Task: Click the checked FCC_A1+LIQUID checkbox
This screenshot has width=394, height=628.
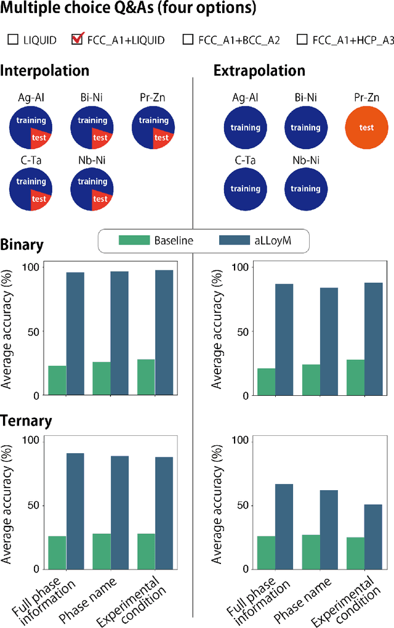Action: pyautogui.click(x=78, y=41)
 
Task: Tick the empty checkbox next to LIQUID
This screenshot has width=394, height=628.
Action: pyautogui.click(x=13, y=41)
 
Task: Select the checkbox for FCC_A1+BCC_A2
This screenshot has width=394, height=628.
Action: pyautogui.click(x=188, y=41)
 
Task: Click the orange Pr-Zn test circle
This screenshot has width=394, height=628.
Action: pyautogui.click(x=366, y=127)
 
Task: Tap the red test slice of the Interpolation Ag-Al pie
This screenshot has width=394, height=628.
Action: pyautogui.click(x=39, y=137)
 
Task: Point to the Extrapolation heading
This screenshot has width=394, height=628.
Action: pyautogui.click(x=259, y=70)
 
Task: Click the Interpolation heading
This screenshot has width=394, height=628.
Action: pyautogui.click(x=45, y=70)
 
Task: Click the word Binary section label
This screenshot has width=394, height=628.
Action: pyautogui.click(x=22, y=245)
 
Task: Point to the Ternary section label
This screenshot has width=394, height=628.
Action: pyautogui.click(x=25, y=421)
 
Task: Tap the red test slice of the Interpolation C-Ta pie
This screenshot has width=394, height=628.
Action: pyautogui.click(x=39, y=198)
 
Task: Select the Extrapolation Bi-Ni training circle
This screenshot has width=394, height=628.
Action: pyautogui.click(x=305, y=127)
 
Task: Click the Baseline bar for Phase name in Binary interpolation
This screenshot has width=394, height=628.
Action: pyautogui.click(x=102, y=378)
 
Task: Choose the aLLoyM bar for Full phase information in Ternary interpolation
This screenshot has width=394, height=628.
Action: pyautogui.click(x=75, y=511)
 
